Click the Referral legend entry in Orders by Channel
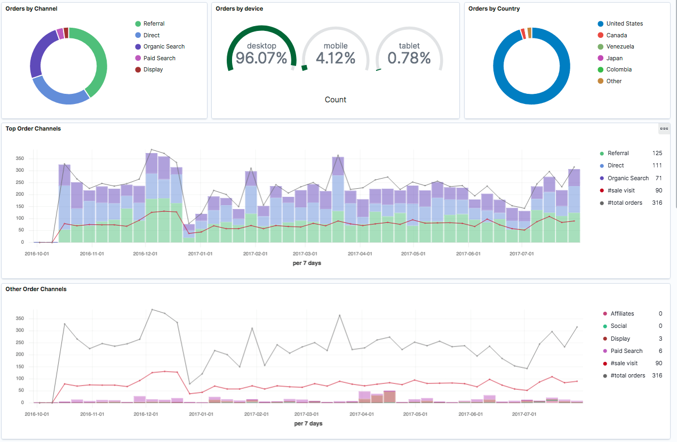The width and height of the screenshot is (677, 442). (154, 23)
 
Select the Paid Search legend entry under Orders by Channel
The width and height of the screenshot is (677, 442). (159, 58)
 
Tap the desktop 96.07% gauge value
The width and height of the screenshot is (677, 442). (261, 58)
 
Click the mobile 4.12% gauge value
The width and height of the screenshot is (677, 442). (336, 58)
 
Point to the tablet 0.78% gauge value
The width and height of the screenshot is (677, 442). (409, 58)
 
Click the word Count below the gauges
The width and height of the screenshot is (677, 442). (336, 100)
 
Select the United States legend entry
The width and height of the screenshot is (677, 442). (624, 23)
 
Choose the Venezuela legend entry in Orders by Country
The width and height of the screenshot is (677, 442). (620, 46)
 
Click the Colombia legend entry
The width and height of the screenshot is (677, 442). (619, 69)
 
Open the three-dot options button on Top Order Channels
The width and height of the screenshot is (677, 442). (664, 128)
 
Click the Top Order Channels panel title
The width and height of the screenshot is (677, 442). (33, 128)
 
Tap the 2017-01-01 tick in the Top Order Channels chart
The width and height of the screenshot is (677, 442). (200, 254)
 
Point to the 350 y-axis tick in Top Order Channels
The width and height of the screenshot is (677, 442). (20, 158)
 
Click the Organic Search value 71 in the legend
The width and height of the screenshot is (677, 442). (658, 178)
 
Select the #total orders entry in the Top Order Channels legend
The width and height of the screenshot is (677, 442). (624, 203)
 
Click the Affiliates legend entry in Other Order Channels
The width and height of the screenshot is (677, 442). (622, 314)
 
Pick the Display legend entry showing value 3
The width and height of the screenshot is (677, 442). (620, 339)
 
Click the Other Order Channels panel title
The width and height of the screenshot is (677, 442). (36, 289)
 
